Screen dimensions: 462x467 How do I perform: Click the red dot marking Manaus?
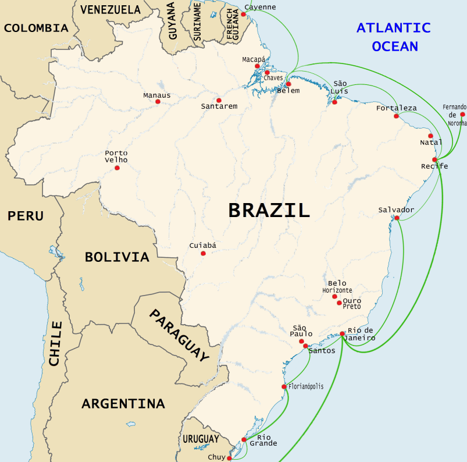click(158, 101)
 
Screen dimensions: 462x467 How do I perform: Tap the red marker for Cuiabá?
click(203, 253)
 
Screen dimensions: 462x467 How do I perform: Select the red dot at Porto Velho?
click(117, 168)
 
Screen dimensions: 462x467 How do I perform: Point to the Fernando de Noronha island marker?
click(462, 115)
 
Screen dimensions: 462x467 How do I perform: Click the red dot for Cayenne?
click(243, 14)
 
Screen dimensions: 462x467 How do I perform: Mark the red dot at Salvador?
click(397, 218)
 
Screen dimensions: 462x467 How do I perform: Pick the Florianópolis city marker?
click(284, 386)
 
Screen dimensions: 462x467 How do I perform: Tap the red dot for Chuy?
click(230, 458)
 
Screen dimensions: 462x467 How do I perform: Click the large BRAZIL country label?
click(269, 210)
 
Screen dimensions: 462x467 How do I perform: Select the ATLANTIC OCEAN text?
click(394, 37)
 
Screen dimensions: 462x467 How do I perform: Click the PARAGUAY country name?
click(179, 335)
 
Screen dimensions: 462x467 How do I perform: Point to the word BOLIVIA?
click(117, 257)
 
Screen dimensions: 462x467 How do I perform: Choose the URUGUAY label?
click(201, 439)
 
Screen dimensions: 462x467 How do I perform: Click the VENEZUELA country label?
click(110, 9)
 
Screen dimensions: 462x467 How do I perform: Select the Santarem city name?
click(219, 106)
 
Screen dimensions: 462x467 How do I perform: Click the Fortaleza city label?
click(396, 108)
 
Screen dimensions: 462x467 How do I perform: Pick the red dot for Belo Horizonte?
click(334, 296)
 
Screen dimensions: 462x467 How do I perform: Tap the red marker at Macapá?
click(257, 66)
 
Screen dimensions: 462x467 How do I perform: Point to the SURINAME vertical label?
click(197, 22)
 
